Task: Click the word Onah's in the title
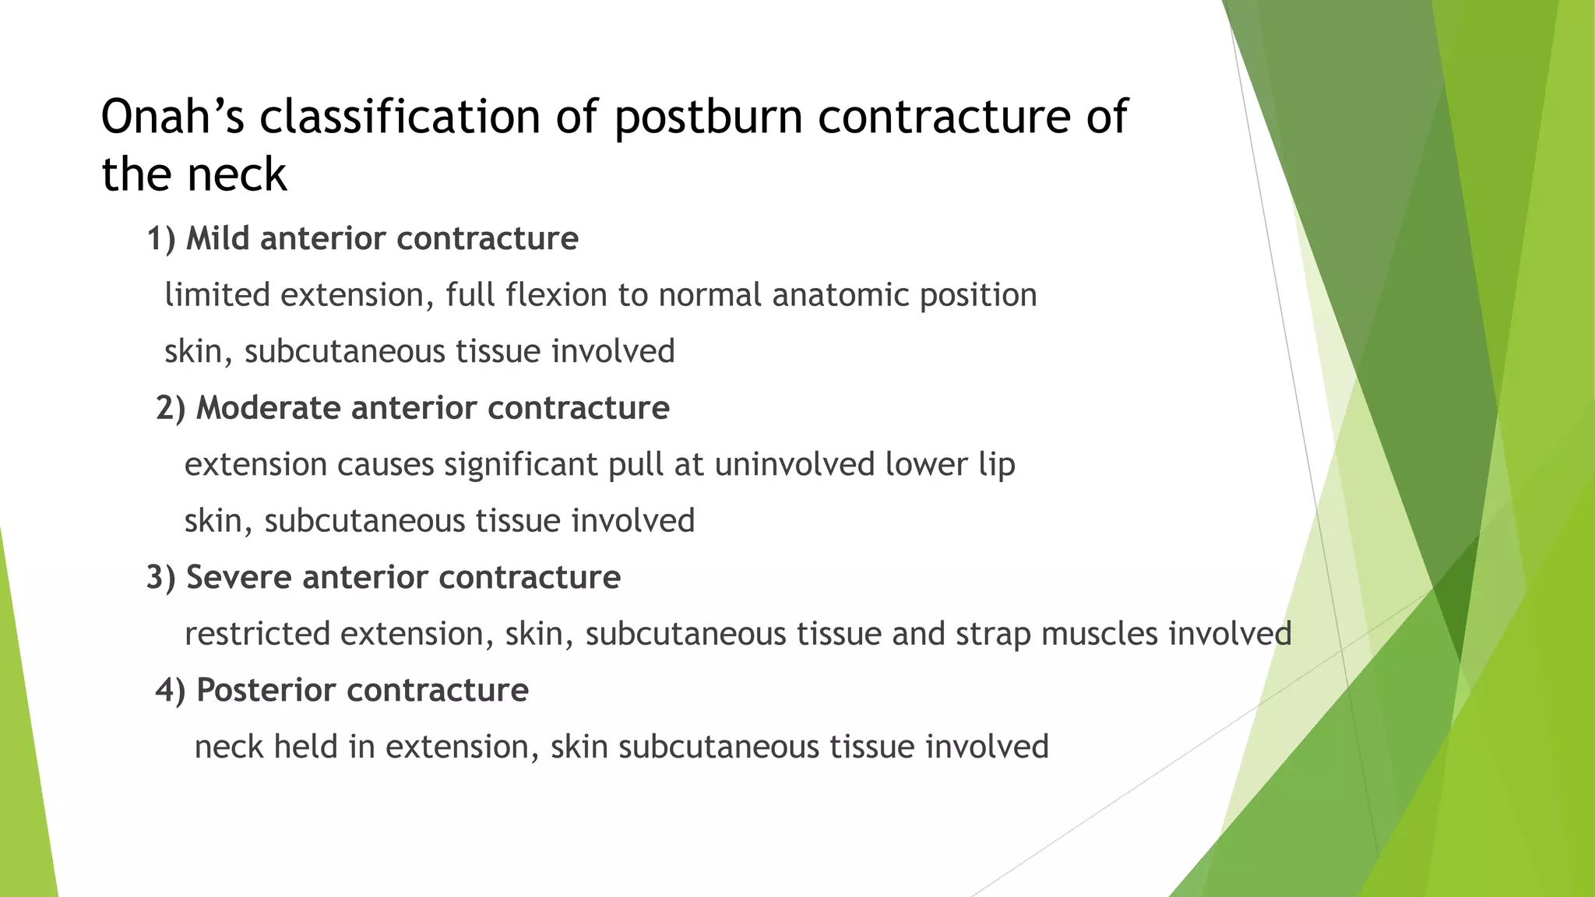tap(173, 117)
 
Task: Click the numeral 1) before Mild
tap(161, 239)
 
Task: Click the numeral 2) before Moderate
tap(171, 409)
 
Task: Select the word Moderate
tap(268, 409)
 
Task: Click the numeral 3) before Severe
tap(161, 578)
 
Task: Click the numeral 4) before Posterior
tap(171, 691)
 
